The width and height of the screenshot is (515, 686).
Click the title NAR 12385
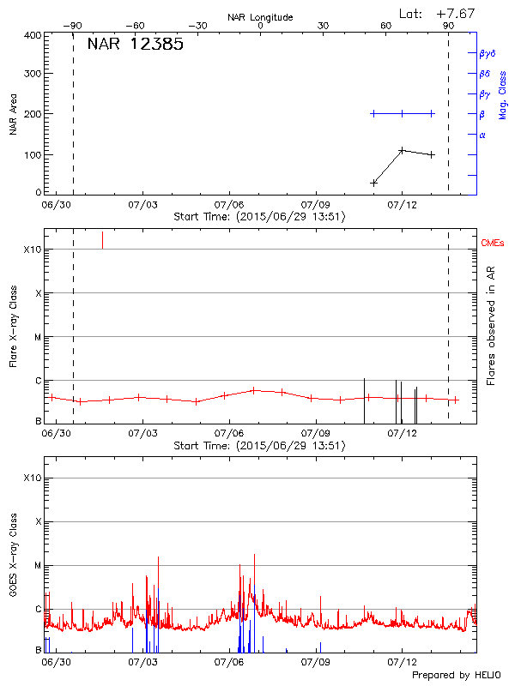pos(135,45)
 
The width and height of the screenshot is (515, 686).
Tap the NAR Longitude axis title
pos(260,16)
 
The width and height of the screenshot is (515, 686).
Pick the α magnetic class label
pos(482,135)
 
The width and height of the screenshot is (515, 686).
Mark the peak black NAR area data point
pos(402,150)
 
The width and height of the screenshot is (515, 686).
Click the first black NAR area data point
pos(373,183)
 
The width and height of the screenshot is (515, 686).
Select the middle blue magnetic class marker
pos(402,113)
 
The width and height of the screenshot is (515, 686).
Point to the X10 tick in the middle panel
pos(33,250)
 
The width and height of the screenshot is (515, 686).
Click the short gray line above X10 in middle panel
pos(103,240)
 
